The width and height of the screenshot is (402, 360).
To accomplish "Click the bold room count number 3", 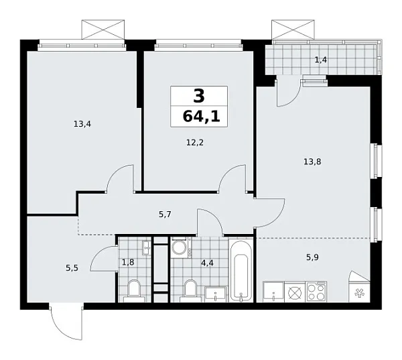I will click(198, 96).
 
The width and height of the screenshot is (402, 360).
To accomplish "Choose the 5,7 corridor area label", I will click(165, 215).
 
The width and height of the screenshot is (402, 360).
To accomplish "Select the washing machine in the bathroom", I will click(180, 248).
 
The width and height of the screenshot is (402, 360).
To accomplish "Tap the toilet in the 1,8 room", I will click(133, 290).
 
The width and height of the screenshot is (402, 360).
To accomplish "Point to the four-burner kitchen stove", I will click(316, 292).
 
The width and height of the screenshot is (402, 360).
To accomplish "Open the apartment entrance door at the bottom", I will click(66, 322).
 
